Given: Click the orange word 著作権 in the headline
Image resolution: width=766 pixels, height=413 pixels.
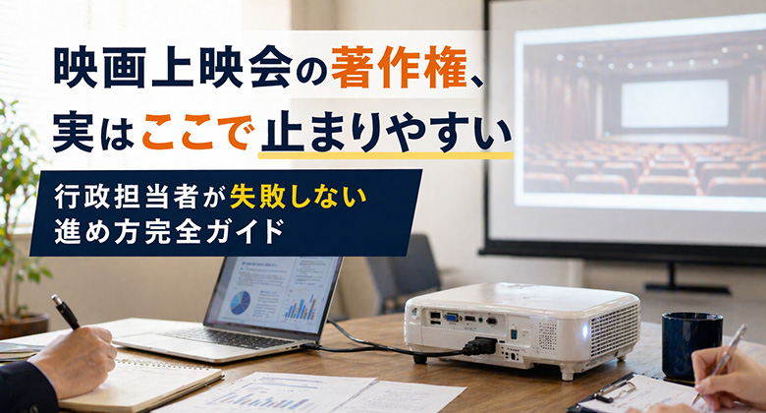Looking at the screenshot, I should (x=374, y=68).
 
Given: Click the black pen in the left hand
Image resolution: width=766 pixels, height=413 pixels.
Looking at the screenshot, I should (x=66, y=313).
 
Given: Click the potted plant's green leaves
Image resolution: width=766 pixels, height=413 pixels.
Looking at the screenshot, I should (x=17, y=187).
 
